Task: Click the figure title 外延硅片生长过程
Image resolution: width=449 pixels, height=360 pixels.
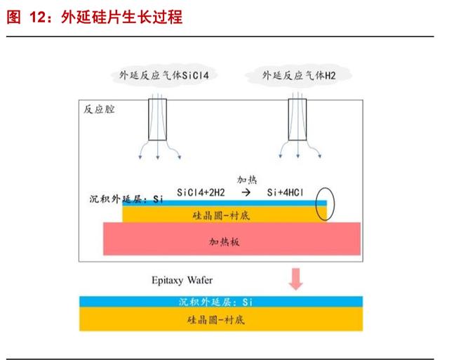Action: (x=121, y=17)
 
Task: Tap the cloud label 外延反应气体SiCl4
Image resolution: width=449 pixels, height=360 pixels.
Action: (x=163, y=75)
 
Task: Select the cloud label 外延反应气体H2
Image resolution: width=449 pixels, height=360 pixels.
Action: (x=299, y=75)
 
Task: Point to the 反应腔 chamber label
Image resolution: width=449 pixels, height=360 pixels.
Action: (x=99, y=109)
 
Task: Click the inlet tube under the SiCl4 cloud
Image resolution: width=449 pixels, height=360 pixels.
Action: (x=157, y=119)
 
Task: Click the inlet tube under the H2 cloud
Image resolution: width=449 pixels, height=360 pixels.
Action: (x=297, y=119)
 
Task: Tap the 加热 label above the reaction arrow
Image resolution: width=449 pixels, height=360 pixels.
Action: (x=247, y=180)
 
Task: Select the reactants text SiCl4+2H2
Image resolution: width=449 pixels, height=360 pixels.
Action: (x=201, y=192)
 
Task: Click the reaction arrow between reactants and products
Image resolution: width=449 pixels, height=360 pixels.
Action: (x=246, y=192)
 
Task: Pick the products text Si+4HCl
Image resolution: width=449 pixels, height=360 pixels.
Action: (x=285, y=192)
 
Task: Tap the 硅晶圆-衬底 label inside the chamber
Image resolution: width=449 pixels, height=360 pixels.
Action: (x=221, y=215)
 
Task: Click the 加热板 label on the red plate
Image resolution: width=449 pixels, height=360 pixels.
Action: (x=224, y=242)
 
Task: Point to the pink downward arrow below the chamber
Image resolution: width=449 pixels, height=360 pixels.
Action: (x=296, y=279)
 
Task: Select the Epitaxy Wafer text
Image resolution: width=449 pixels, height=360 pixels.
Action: (x=182, y=280)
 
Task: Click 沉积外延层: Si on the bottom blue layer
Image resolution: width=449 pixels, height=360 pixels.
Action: (x=215, y=302)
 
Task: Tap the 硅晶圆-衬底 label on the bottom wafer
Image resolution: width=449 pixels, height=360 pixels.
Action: (x=216, y=319)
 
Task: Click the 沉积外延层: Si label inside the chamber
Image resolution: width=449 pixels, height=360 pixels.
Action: (x=126, y=199)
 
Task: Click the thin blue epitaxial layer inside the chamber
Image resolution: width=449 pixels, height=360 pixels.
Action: (x=224, y=204)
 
